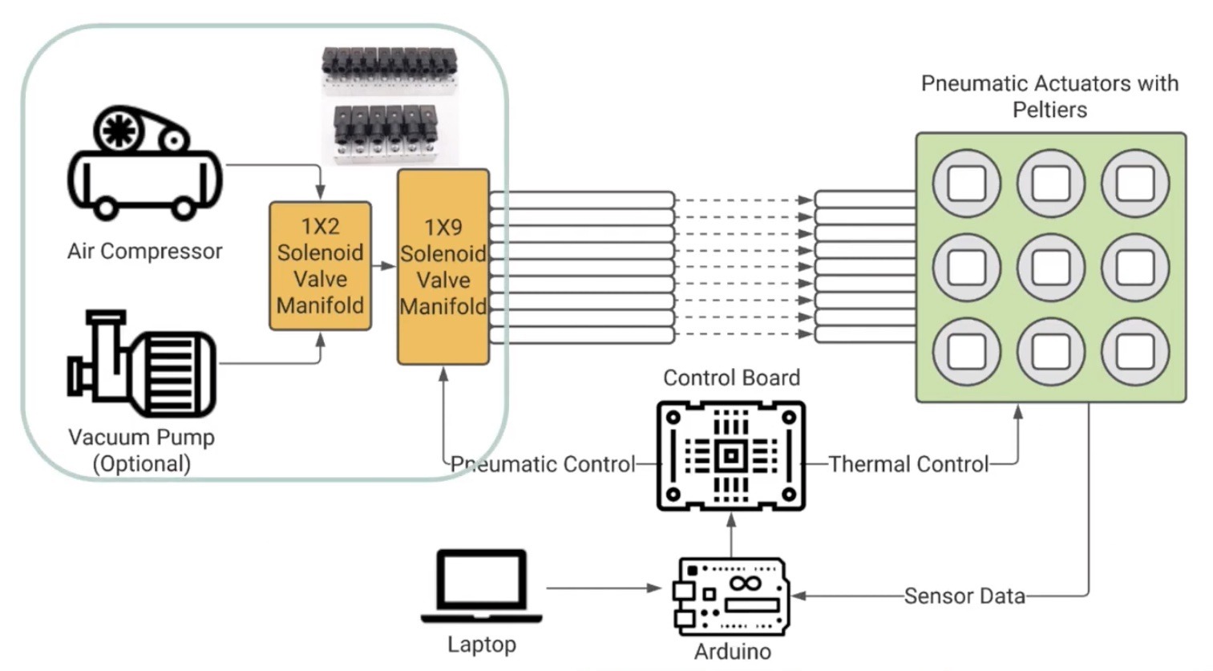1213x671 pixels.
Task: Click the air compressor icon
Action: [x=145, y=164]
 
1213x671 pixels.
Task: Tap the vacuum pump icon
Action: [x=142, y=365]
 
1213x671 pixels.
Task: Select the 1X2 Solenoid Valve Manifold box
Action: [x=320, y=265]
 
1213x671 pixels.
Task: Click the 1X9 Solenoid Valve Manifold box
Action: [x=443, y=266]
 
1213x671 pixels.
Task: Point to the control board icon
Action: [x=730, y=456]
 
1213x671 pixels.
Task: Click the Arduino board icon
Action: [x=731, y=596]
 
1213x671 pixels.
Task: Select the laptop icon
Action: [x=482, y=586]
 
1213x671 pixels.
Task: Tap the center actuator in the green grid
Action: [x=1050, y=268]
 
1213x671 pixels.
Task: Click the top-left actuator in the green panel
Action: [x=966, y=184]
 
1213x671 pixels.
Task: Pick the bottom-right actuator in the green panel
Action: [x=1134, y=352]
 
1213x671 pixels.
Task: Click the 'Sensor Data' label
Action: [x=964, y=596]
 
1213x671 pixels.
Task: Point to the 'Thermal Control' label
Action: [x=908, y=464]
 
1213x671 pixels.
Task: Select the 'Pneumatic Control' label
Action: [x=543, y=464]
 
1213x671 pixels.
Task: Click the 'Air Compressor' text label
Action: [x=145, y=252]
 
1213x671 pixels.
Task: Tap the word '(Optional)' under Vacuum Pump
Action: [x=142, y=464]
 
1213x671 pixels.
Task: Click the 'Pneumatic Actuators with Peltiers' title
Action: [x=1049, y=96]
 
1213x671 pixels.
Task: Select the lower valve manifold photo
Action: [x=390, y=133]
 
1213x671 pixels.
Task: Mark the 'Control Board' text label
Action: [x=731, y=378]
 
